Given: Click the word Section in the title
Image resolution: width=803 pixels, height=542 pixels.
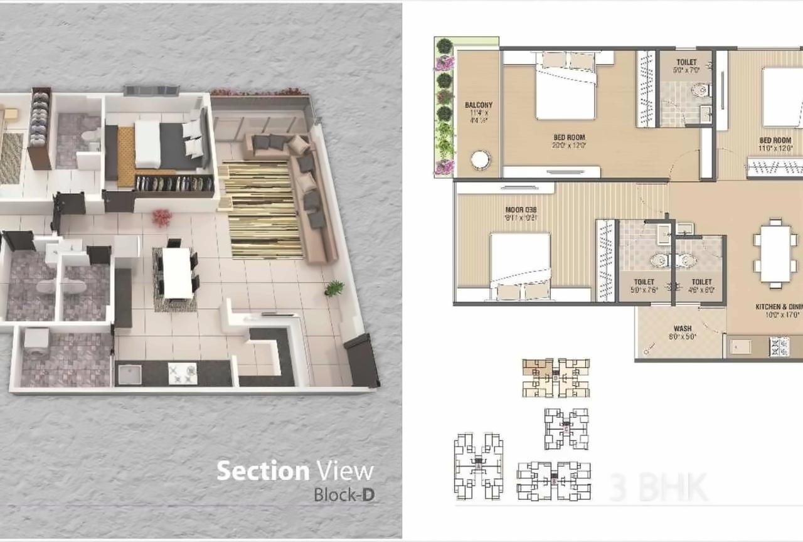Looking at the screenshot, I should pyautogui.click(x=263, y=471).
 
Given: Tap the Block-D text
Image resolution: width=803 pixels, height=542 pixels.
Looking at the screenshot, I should pyautogui.click(x=344, y=494).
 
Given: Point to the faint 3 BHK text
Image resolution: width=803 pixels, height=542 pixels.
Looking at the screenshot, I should pyautogui.click(x=658, y=487).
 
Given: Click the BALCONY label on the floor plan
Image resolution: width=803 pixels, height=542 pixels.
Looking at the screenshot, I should pyautogui.click(x=479, y=105).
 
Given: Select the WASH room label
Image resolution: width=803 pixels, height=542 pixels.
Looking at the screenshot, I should pyautogui.click(x=683, y=328).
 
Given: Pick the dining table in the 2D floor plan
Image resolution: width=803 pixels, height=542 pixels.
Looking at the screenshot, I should pyautogui.click(x=775, y=253).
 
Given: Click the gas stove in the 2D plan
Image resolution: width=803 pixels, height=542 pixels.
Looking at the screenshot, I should pyautogui.click(x=779, y=346).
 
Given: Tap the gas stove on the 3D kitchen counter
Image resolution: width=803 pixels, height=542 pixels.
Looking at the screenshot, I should pyautogui.click(x=182, y=373).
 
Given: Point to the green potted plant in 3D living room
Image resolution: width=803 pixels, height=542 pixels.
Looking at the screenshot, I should pyautogui.click(x=334, y=288).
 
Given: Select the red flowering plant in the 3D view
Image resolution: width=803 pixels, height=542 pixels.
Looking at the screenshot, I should pyautogui.click(x=162, y=218).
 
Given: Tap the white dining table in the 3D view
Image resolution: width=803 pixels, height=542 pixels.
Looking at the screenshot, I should pyautogui.click(x=176, y=273).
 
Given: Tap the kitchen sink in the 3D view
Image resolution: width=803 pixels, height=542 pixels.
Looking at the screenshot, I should pyautogui.click(x=129, y=374).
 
